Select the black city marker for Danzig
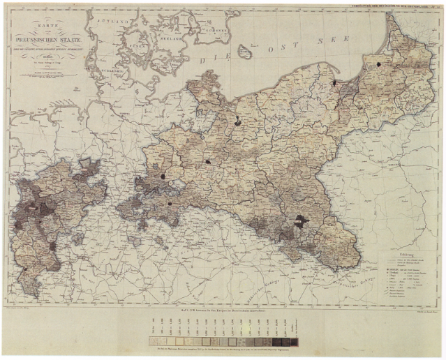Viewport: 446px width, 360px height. pyautogui.click(x=334, y=82)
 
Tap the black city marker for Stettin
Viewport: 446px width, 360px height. pyautogui.click(x=238, y=120)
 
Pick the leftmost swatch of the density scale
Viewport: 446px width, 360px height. pyautogui.click(x=152, y=342)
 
